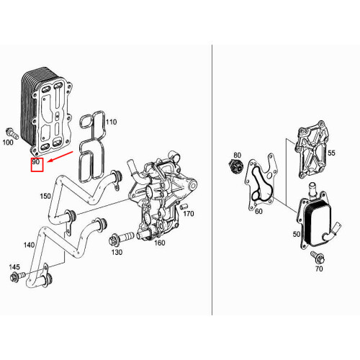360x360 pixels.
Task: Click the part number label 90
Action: [36, 162]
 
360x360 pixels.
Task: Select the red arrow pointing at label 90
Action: [60, 157]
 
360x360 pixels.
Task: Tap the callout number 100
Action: [8, 143]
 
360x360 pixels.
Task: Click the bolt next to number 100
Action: [12, 133]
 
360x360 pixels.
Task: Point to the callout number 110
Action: [111, 122]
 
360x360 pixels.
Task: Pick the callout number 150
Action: [45, 196]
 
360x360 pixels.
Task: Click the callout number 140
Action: [29, 245]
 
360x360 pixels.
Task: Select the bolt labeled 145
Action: [17, 276]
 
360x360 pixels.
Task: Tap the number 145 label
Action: [14, 267]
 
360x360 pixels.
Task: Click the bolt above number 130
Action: [121, 238]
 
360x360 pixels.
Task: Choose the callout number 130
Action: [117, 252]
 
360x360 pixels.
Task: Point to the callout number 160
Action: [160, 243]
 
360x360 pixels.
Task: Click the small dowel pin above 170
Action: [184, 206]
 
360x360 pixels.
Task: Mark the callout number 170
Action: [189, 213]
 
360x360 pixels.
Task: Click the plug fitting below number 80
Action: [235, 166]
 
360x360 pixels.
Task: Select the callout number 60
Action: [258, 211]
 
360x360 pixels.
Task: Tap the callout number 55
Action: [331, 153]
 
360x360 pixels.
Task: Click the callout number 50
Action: [297, 234]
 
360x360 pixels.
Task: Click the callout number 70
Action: [319, 269]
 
